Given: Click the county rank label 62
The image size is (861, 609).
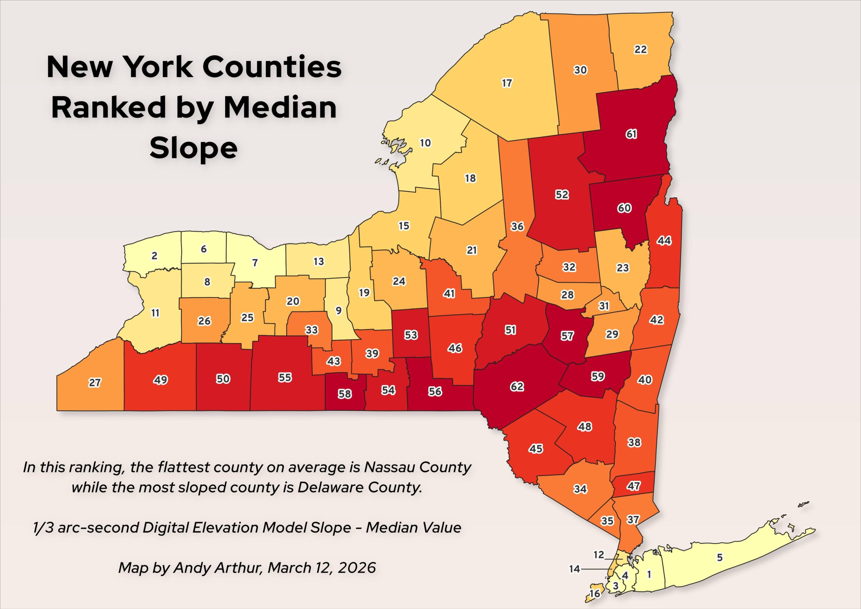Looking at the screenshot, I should pos(517,386).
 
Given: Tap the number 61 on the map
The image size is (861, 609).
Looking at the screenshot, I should pos(631,134).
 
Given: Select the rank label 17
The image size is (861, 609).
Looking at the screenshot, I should pos(507,83).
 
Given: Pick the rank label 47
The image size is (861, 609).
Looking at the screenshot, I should pos(634,486).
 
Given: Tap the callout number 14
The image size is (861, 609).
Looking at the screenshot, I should pos(574,569).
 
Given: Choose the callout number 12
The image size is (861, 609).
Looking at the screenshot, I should pos(599,554).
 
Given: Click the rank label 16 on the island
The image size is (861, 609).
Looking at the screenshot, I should pos(595,593).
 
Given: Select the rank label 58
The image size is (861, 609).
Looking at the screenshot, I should pos(345,394).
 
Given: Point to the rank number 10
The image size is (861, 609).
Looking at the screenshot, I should pos(425,143).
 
